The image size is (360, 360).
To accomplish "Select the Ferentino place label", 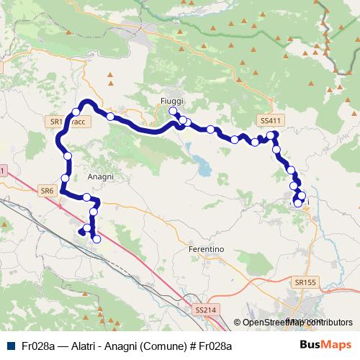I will click(x=206, y=249).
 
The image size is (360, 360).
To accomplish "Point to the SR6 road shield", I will click(x=47, y=191).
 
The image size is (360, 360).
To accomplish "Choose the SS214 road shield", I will click(x=205, y=310).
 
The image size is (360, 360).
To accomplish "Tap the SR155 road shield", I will click(x=305, y=283).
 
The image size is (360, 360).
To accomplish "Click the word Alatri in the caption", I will click(x=88, y=346).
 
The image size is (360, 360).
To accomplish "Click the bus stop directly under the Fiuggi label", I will click(x=173, y=112).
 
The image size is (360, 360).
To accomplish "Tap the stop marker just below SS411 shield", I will click(x=271, y=135).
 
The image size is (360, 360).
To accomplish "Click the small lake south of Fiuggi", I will click(x=204, y=168).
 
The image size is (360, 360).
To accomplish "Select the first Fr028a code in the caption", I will click(x=37, y=346).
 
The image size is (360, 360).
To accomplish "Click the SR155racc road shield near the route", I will click(x=69, y=122).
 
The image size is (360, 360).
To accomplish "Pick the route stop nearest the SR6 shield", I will click(x=65, y=178).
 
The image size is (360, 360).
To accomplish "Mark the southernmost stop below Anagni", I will click(x=96, y=239).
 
